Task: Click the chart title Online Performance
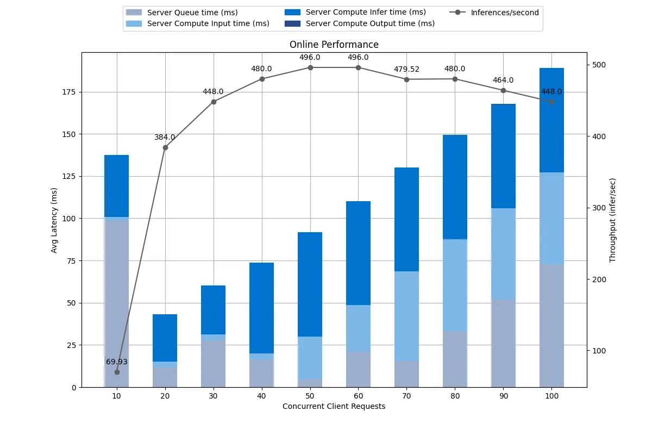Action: pyautogui.click(x=334, y=45)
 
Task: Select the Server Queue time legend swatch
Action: pyautogui.click(x=134, y=13)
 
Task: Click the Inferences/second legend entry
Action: pyautogui.click(x=494, y=13)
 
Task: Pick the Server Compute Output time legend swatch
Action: pyautogui.click(x=292, y=23)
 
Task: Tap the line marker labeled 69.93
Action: pyautogui.click(x=117, y=372)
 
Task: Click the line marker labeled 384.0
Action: pyautogui.click(x=165, y=148)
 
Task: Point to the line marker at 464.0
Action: pyautogui.click(x=503, y=91)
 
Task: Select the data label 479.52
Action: pyautogui.click(x=406, y=70)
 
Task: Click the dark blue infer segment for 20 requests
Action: pyautogui.click(x=165, y=338)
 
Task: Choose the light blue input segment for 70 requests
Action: pyautogui.click(x=406, y=316)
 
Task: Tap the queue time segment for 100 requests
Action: pyautogui.click(x=551, y=326)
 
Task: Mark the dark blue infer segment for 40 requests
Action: pyautogui.click(x=262, y=308)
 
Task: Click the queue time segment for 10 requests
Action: pyautogui.click(x=116, y=304)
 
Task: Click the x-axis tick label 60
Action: pyautogui.click(x=358, y=396)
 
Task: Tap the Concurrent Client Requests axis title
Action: pyautogui.click(x=334, y=406)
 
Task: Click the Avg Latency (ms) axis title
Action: pyautogui.click(x=54, y=220)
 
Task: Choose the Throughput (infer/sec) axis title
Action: pyautogui.click(x=612, y=220)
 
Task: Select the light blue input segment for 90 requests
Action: pyautogui.click(x=503, y=254)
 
